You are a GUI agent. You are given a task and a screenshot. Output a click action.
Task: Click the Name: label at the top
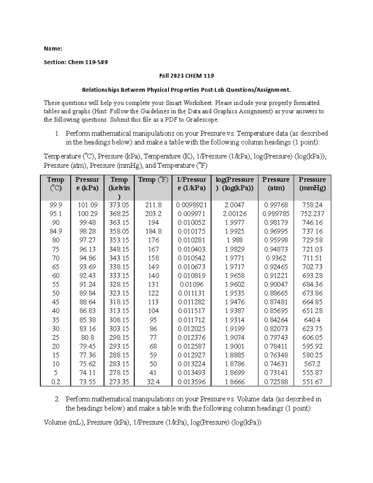pyautogui.click(x=53, y=49)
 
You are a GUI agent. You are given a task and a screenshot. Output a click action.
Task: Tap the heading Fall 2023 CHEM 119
pyautogui.click(x=186, y=76)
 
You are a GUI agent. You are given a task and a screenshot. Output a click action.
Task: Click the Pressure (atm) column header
pyautogui.click(x=276, y=184)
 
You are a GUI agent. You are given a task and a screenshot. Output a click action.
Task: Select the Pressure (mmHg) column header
pyautogui.click(x=312, y=184)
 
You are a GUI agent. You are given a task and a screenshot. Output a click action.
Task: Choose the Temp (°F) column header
pyautogui.click(x=153, y=180)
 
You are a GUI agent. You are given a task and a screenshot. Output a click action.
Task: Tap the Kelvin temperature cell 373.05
pyautogui.click(x=119, y=205)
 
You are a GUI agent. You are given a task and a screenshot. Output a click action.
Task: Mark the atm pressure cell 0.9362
pyautogui.click(x=276, y=258)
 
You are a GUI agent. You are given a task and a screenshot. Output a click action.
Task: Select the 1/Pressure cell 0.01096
pyautogui.click(x=191, y=285)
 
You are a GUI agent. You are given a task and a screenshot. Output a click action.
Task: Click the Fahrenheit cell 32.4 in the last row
pyautogui.click(x=153, y=382)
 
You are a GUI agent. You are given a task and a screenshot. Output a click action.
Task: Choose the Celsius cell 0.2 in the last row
pyautogui.click(x=55, y=382)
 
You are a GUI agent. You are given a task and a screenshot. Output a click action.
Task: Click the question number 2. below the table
pyautogui.click(x=57, y=399)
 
